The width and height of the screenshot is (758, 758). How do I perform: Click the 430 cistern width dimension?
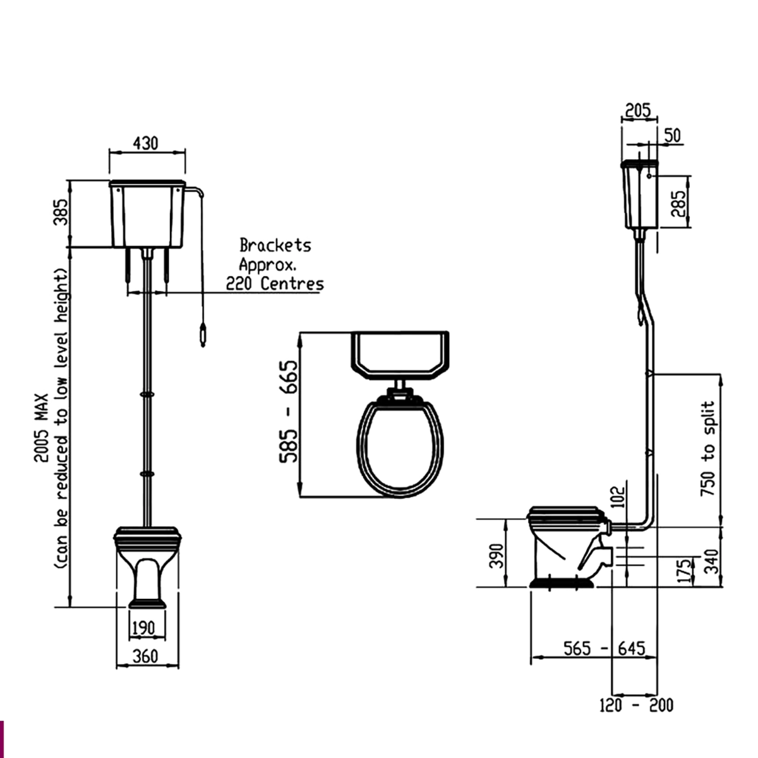point(145,143)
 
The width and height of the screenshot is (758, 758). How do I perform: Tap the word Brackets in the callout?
point(275,245)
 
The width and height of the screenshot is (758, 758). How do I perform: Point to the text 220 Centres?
point(275,284)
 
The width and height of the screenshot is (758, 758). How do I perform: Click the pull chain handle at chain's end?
point(202,335)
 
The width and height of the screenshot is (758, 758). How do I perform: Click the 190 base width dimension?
point(143,628)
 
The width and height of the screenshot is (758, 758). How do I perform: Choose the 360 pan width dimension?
point(146,656)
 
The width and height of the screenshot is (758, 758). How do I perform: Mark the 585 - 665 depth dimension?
point(289,411)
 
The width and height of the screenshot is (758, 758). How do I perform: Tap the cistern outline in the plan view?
point(399,354)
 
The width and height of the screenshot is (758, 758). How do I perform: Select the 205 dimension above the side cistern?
point(637,111)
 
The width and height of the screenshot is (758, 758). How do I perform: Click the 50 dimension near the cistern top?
point(673,135)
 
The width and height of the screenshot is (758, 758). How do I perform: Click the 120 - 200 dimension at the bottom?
point(636,704)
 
